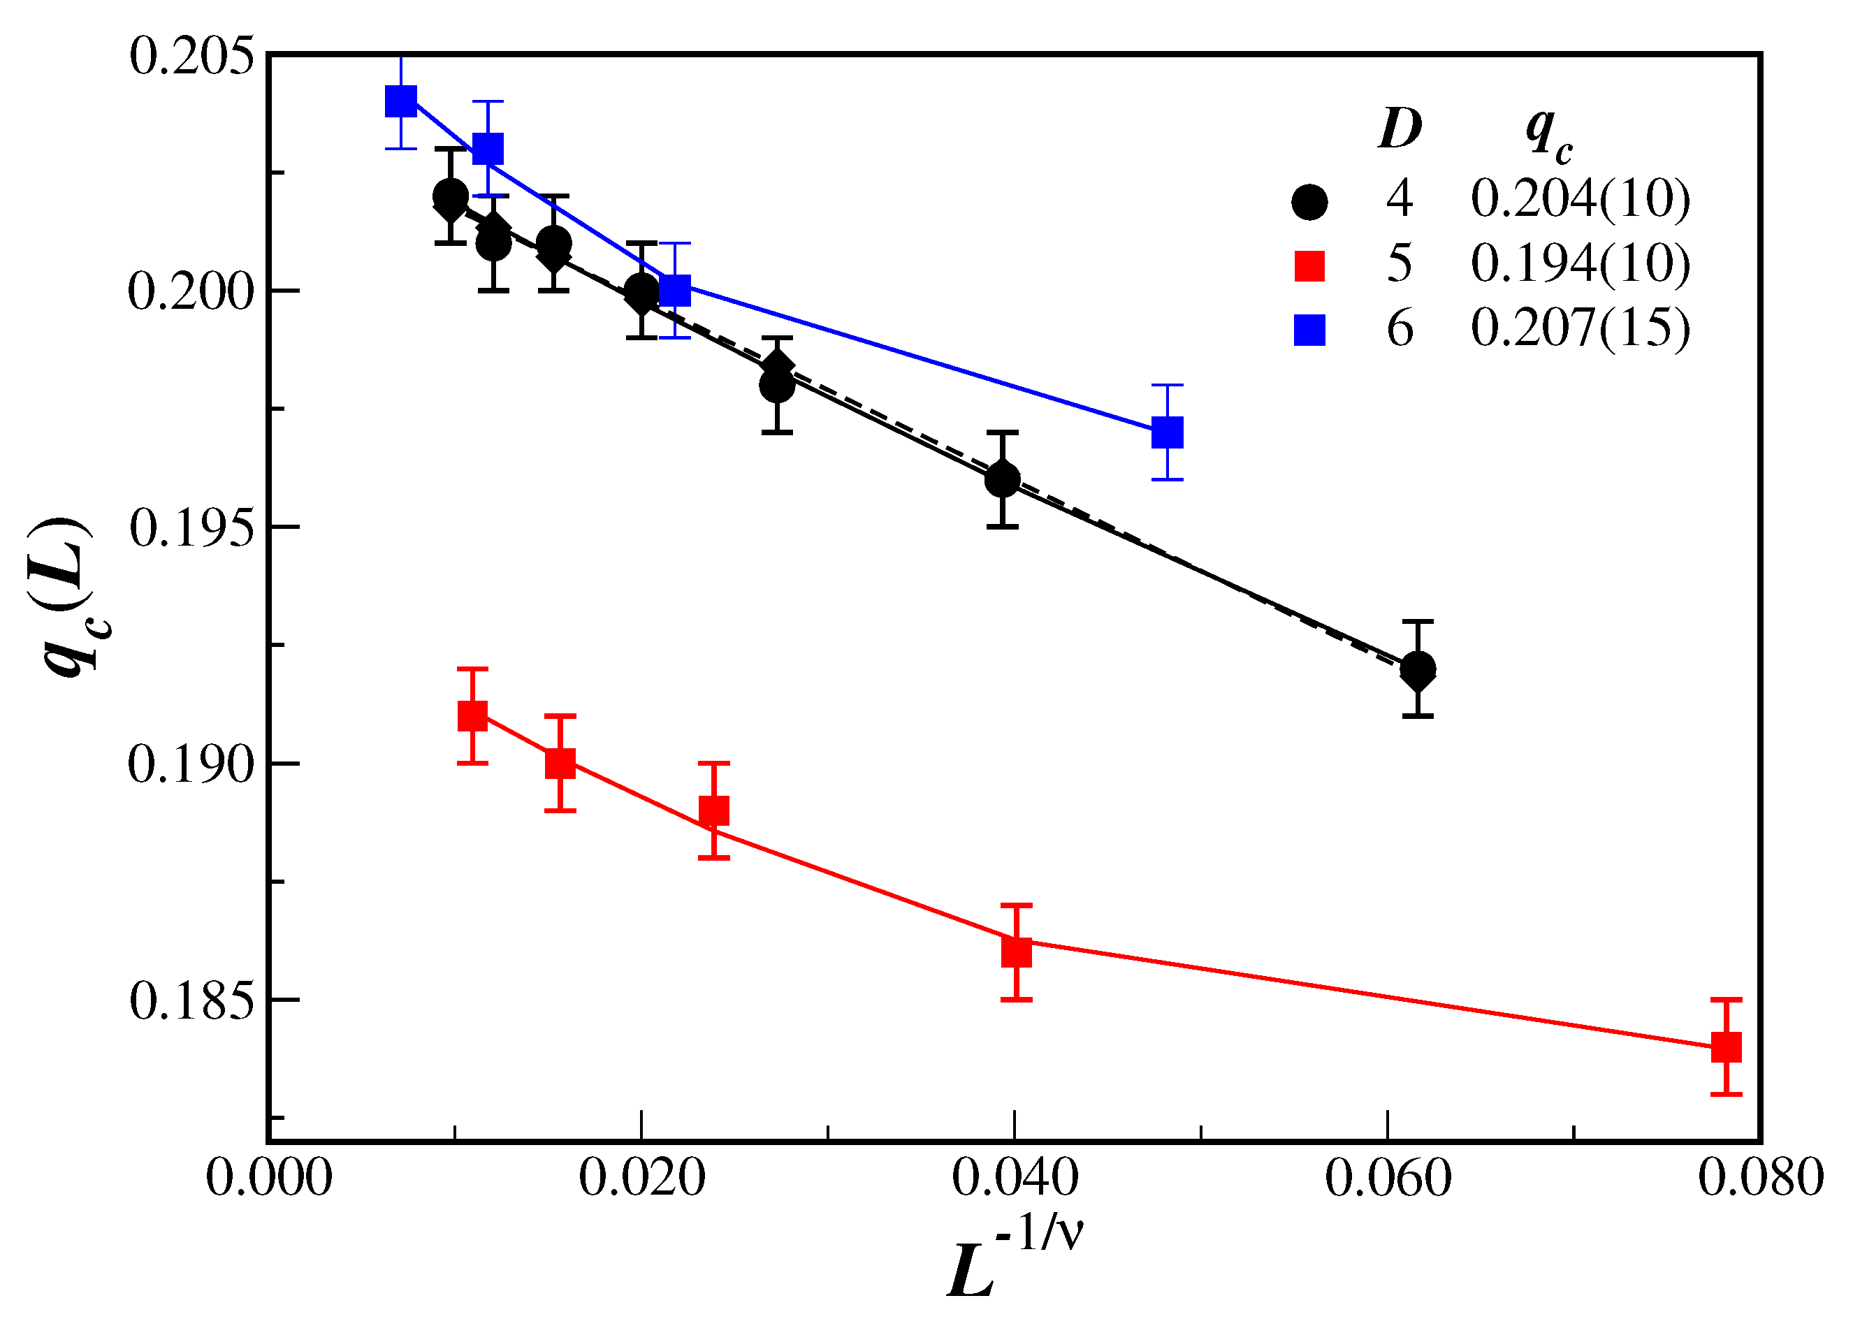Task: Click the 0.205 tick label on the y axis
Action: click(x=192, y=59)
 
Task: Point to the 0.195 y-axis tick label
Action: click(x=192, y=529)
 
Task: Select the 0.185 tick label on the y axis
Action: click(x=192, y=1002)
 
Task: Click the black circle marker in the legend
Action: click(x=1309, y=202)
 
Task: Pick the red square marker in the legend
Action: click(x=1309, y=266)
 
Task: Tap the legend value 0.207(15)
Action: click(x=1580, y=329)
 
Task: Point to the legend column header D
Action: click(x=1400, y=129)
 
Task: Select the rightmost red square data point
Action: click(x=1726, y=1047)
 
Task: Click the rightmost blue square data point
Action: click(x=1167, y=432)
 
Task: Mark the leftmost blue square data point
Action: click(x=400, y=102)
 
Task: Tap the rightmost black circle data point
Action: click(x=1418, y=669)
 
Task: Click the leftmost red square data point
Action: click(x=472, y=716)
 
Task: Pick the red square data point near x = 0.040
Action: click(x=1016, y=952)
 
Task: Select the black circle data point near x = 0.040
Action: click(x=1002, y=480)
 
